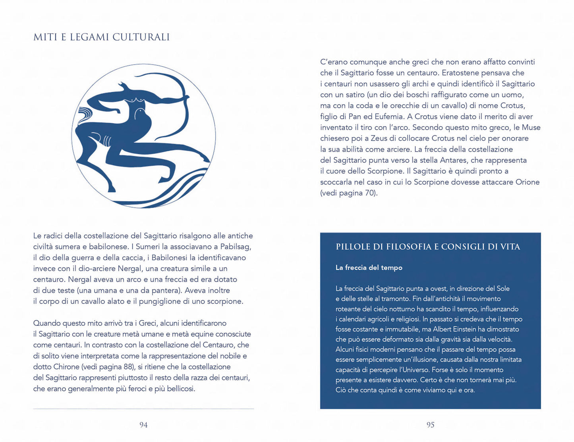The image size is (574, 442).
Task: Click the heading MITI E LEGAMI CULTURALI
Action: (101, 37)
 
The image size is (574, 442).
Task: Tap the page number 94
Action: (143, 425)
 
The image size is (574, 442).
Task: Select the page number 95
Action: (430, 425)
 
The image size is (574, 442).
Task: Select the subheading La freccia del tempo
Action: (369, 268)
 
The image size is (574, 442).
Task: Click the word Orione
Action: (527, 182)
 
